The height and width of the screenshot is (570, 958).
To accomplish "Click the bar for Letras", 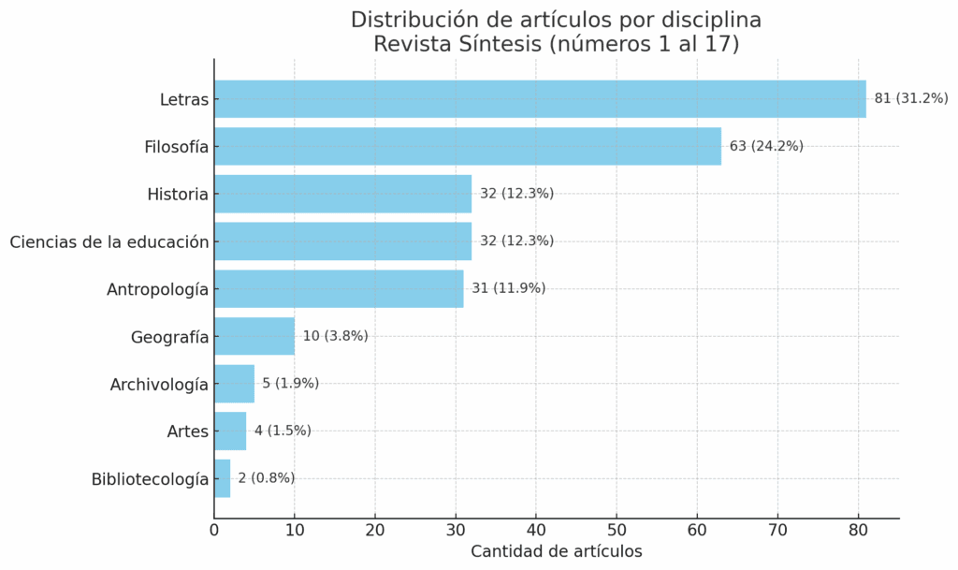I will point(540,99).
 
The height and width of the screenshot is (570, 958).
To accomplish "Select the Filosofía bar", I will point(468,146).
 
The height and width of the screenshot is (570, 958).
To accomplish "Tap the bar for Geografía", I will point(254,336).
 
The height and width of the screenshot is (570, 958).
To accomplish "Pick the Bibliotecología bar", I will point(223,478).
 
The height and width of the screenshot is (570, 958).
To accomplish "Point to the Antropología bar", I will point(339,288).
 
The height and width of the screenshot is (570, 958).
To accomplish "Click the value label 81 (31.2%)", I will point(911,98).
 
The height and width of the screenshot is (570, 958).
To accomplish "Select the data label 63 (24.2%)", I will point(766,146).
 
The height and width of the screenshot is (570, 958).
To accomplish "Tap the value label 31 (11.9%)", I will point(508,288).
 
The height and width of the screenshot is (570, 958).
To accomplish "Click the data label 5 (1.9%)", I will point(290,383).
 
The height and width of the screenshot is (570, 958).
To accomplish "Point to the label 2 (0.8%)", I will point(266,478).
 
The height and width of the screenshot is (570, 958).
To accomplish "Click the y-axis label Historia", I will point(178,195).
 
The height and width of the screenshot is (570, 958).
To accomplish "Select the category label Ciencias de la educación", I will point(109,241).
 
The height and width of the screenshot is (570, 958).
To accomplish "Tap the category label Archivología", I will point(159,384).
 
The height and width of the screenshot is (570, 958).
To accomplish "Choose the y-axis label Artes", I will point(187,431).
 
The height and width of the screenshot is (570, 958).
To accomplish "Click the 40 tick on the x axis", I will point(536,531).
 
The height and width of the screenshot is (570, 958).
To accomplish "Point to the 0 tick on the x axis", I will point(214,531).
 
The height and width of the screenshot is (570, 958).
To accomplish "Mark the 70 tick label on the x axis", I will point(777,531).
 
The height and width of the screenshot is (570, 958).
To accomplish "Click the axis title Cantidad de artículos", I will point(556,551).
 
